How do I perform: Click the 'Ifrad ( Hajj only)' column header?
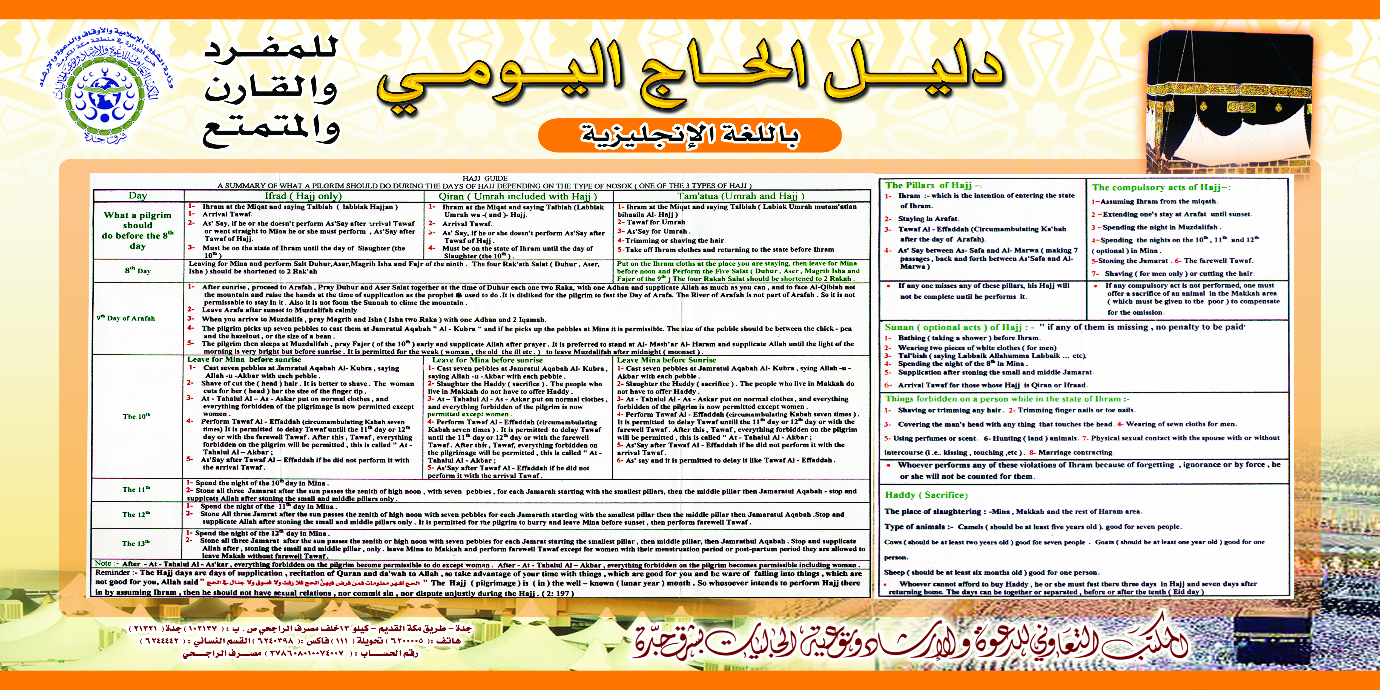pyautogui.click(x=303, y=196)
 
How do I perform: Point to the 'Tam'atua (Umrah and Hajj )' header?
pyautogui.click(x=741, y=196)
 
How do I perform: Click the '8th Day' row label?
pyautogui.click(x=138, y=271)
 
